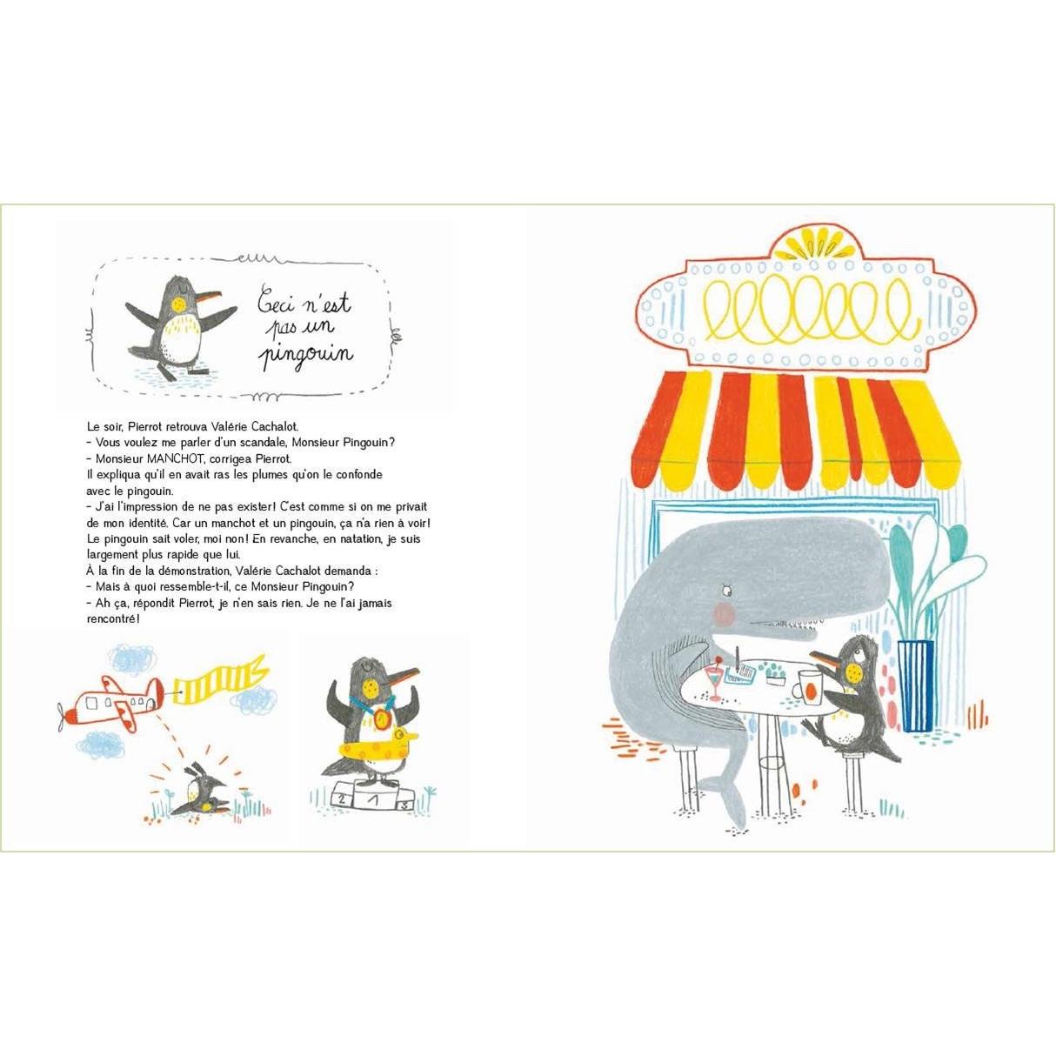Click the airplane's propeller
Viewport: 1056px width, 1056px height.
pos(63,717)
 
